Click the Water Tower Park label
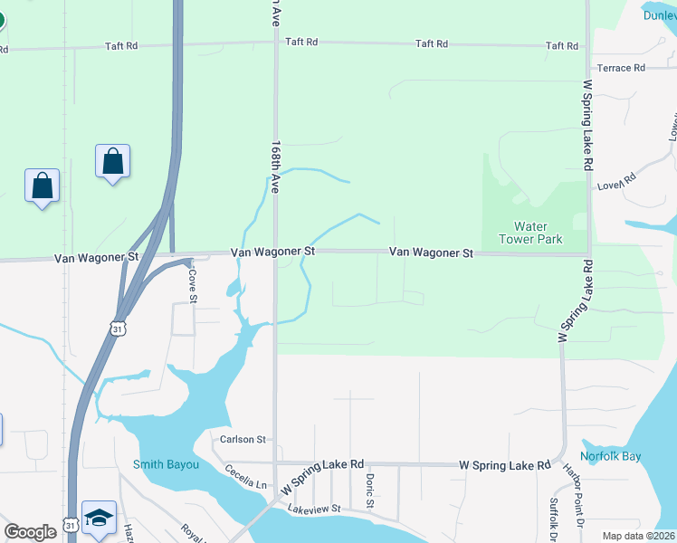538,233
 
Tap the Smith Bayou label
166,465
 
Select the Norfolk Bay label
611,456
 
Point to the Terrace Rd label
620,68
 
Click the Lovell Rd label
617,182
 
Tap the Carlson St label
243,440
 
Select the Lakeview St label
313,510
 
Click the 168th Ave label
275,166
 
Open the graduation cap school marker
99,518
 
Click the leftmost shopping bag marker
42,186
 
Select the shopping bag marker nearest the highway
112,162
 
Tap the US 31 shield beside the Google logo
71,526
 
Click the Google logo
30,532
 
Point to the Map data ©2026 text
638,536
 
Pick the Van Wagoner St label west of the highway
96,257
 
